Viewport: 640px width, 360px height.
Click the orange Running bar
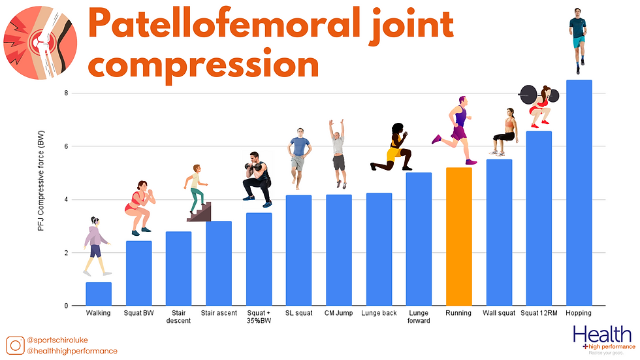click(458, 237)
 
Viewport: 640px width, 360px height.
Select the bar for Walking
click(99, 294)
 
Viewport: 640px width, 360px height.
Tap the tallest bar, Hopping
click(579, 193)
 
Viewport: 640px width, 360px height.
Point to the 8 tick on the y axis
click(66, 93)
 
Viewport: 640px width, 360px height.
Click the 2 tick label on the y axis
click(66, 253)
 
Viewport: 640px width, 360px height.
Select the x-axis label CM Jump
click(339, 314)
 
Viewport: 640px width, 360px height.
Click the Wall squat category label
click(498, 314)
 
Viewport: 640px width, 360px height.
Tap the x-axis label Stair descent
click(178, 317)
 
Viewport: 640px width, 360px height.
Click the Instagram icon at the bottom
click(16, 345)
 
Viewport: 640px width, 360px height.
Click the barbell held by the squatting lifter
click(539, 95)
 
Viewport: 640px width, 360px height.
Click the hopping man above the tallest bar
click(578, 39)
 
